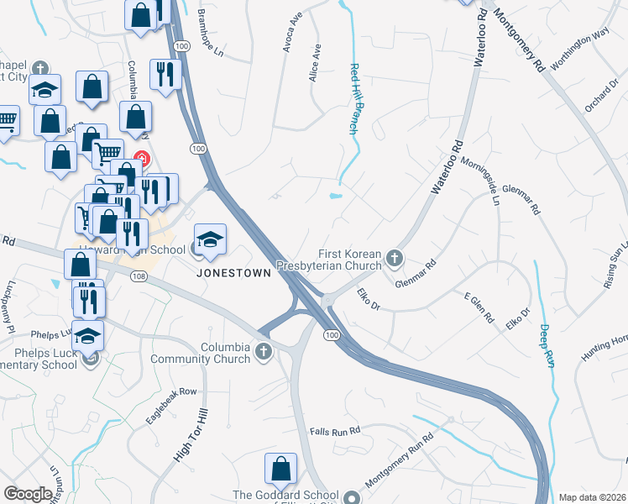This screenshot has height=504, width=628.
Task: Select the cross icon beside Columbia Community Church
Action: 264,351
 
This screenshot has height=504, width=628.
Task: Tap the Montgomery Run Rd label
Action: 399,463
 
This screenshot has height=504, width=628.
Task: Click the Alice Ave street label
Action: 315,62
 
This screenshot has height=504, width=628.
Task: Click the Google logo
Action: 28,494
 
